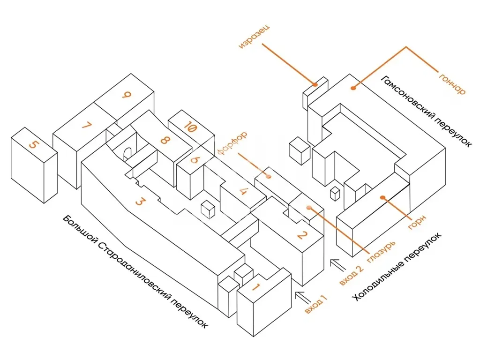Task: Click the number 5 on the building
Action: [x=32, y=143]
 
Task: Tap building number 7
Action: [x=86, y=125]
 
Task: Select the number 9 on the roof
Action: [x=126, y=96]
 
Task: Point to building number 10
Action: [x=189, y=126]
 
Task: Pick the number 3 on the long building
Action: [x=139, y=202]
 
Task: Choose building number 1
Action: [x=256, y=287]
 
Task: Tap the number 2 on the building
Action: [x=302, y=235]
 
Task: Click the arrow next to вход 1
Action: [x=303, y=296]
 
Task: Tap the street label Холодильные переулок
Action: [x=397, y=267]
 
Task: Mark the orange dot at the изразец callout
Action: [x=315, y=84]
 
